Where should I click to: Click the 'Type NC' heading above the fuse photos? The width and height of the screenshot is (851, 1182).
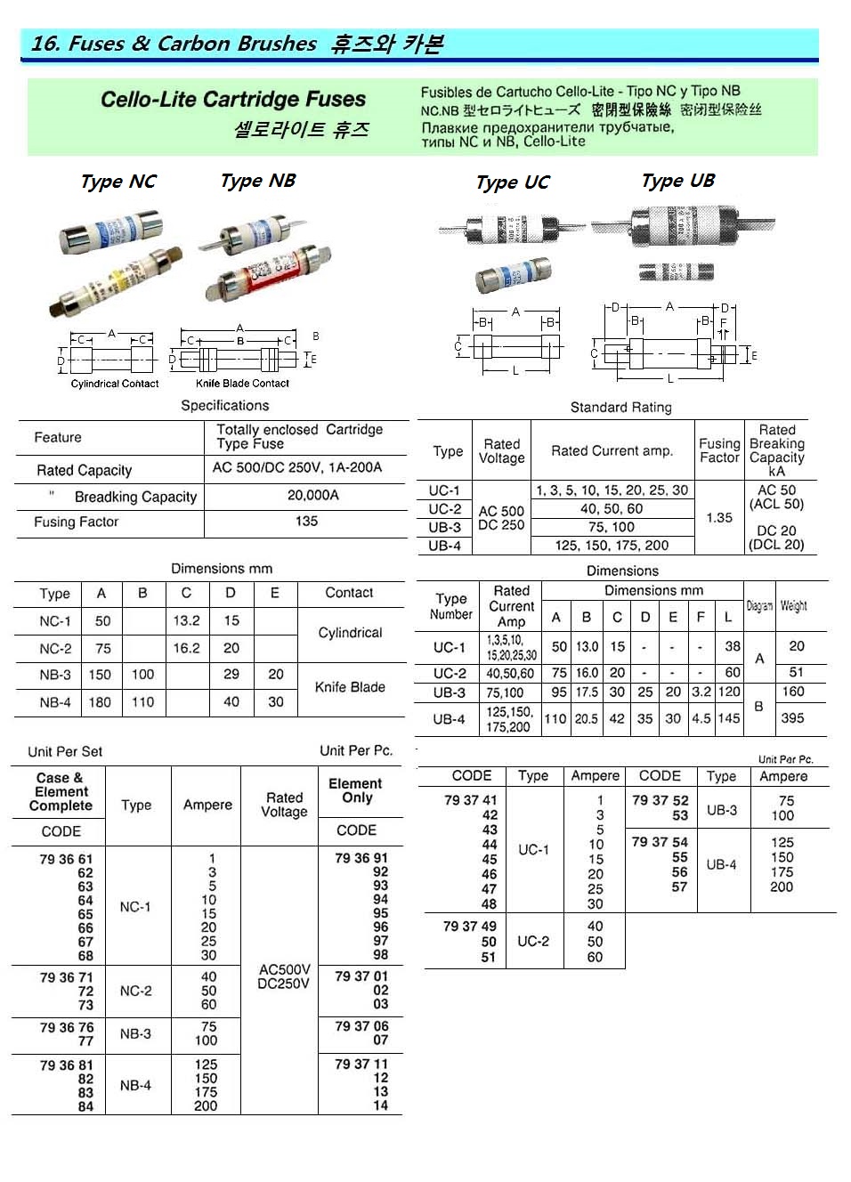tap(118, 182)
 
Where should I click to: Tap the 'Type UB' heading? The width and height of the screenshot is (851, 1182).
tap(677, 181)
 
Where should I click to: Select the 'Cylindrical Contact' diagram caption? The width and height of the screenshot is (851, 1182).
tap(115, 384)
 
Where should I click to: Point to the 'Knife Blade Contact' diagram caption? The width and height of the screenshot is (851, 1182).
tap(242, 384)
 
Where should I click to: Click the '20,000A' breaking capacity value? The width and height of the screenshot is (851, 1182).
tap(312, 495)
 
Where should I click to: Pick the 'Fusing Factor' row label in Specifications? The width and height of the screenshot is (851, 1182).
tap(77, 522)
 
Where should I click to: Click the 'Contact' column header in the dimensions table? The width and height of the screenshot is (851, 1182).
tap(349, 593)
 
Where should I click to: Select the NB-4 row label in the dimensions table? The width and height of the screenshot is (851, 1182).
tap(55, 702)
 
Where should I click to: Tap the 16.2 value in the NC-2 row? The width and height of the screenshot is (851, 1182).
tap(186, 648)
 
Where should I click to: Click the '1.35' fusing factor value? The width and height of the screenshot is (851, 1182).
tap(719, 517)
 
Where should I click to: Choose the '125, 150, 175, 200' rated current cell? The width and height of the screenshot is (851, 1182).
tap(612, 545)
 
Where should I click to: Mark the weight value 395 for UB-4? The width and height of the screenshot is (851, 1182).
tap(792, 717)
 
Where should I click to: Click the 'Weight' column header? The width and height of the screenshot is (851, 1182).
tap(793, 605)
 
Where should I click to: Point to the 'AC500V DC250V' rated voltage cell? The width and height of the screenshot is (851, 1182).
tap(284, 976)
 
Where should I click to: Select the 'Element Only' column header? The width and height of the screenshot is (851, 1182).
tap(355, 790)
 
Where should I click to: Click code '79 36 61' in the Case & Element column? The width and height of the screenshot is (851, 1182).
tap(66, 859)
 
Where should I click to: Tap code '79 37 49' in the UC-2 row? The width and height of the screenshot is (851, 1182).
tap(469, 927)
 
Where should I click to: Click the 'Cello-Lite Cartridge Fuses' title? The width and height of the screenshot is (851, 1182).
tap(233, 100)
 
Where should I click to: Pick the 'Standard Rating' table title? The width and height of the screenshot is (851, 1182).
tap(620, 408)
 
